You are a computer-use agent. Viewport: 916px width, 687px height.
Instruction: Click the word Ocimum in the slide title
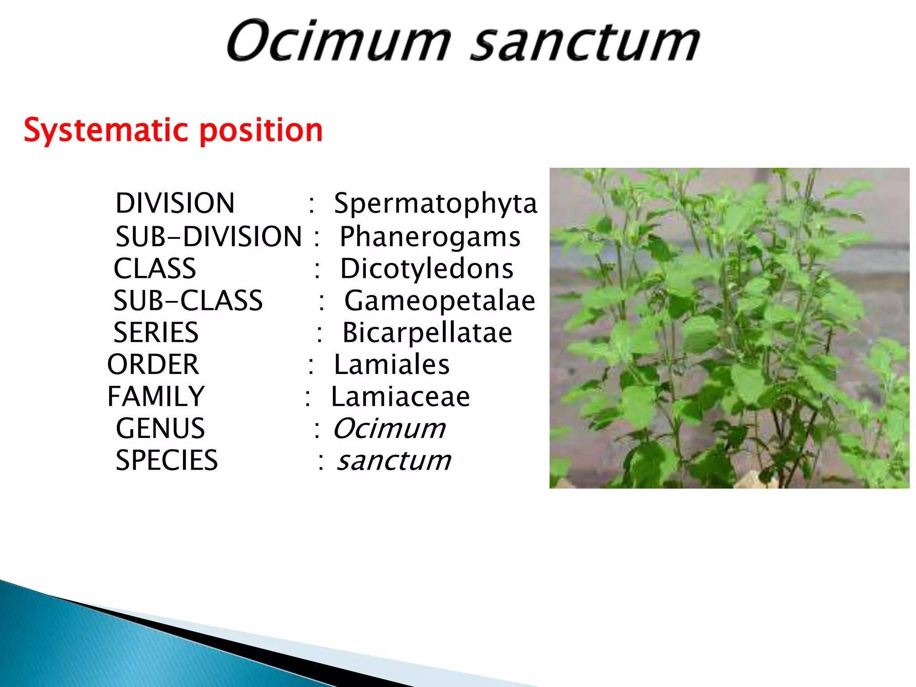point(339,41)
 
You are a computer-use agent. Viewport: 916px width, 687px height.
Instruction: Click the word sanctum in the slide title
point(585,42)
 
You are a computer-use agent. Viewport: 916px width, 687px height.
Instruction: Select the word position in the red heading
point(261,131)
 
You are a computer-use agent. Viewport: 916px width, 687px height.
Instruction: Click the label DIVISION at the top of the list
point(175,203)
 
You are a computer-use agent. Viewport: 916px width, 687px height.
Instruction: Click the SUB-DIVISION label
point(208,236)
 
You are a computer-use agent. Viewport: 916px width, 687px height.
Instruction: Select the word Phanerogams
point(430,237)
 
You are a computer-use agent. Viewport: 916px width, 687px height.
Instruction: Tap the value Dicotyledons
point(427,268)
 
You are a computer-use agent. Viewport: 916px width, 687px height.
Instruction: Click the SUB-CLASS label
point(188,301)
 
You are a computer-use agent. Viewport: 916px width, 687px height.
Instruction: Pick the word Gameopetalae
point(439,301)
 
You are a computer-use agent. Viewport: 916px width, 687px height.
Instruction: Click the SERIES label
point(156,332)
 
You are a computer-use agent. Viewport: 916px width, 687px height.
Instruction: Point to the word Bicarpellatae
point(427,333)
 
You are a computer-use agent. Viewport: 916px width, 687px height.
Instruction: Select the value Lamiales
point(391,365)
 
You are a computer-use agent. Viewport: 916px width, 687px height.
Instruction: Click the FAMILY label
point(156,396)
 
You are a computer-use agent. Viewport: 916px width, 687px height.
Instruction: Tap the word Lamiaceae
point(400,397)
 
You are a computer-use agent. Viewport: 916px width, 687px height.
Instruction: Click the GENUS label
point(160,428)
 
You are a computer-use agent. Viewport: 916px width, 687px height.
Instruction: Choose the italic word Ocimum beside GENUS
point(389,428)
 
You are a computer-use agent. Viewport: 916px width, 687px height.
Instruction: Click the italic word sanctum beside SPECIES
point(394,461)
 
